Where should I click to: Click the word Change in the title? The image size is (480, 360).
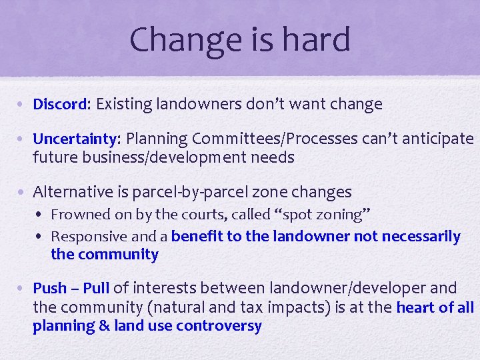tap(179, 39)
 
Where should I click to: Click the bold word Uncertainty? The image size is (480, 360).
tap(75, 139)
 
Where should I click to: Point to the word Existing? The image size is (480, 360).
tap(125, 104)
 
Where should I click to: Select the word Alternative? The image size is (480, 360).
tap(73, 192)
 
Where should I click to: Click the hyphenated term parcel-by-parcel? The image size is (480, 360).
tap(192, 192)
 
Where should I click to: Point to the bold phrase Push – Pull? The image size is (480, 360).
tap(71, 288)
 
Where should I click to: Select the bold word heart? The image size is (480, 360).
tap(415, 307)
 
